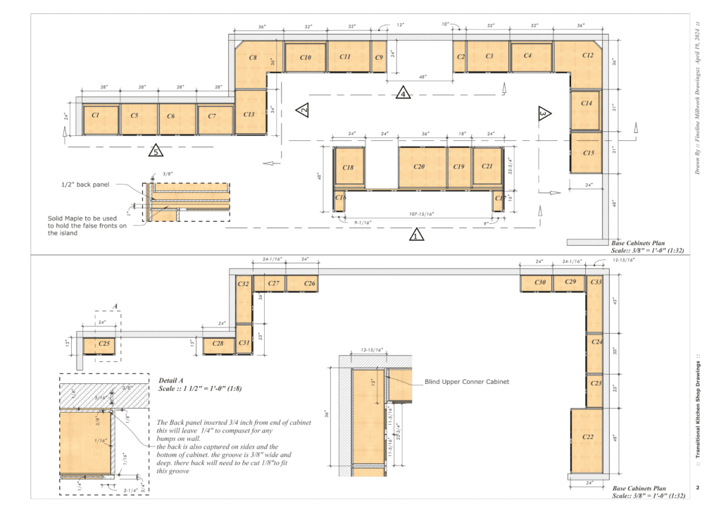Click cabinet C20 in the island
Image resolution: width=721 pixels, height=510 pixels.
click(420, 167)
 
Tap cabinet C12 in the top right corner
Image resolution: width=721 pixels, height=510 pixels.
click(587, 56)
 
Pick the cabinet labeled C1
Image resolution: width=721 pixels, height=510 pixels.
click(95, 114)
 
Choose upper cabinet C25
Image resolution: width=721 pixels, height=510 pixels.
click(104, 344)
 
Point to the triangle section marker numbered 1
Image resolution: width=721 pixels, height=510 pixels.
click(416, 235)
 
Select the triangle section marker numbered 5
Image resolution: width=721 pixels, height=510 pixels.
click(156, 150)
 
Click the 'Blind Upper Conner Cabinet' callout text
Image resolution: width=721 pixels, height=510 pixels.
click(467, 382)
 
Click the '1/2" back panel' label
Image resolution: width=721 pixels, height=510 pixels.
click(82, 185)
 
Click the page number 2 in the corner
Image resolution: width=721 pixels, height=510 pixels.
click(697, 487)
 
